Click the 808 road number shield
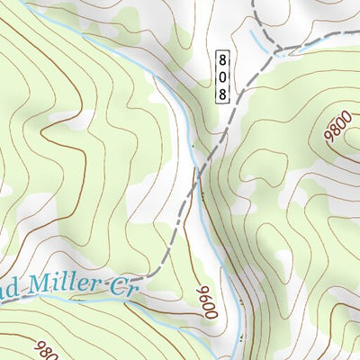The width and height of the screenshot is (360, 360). [x=222, y=75]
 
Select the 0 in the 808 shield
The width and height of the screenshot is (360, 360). [x=222, y=75]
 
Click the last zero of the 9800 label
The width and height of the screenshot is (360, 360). [x=328, y=130]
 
